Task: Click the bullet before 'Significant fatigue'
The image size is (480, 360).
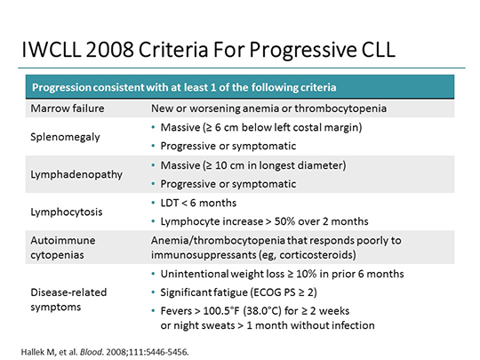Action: point(155,292)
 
